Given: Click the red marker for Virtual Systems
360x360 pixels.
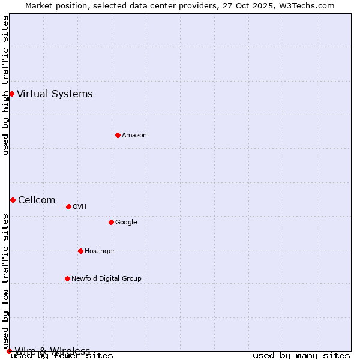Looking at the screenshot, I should coord(11,94).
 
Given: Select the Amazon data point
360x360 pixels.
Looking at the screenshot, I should coord(118,135).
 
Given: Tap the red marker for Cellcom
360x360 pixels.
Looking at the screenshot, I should coord(13,200).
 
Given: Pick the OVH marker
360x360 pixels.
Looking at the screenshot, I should coord(68,206).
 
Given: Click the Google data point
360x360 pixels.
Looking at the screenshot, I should coord(111,222).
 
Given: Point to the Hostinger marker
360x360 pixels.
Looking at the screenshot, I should coord(80,251).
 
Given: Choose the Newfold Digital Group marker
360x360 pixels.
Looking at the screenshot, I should coord(67,278).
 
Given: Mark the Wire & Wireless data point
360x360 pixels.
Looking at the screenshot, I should coord(9,351).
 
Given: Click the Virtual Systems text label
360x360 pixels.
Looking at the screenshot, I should coord(55,94).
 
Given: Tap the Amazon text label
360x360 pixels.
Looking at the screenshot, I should coord(134,135).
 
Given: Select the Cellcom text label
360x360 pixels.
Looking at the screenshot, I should coord(37,200).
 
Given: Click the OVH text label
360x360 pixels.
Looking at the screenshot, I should coord(80,206).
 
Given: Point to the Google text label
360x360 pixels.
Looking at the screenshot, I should coord(126,222).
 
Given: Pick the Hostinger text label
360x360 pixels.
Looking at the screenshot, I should coord(100,251).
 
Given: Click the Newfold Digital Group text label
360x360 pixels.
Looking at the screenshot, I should coord(106,278).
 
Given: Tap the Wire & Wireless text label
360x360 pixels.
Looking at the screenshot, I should coord(52,351).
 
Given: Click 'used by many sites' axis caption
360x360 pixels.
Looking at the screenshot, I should coord(301,356).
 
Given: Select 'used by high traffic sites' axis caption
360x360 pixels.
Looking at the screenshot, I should coord(5,85).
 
